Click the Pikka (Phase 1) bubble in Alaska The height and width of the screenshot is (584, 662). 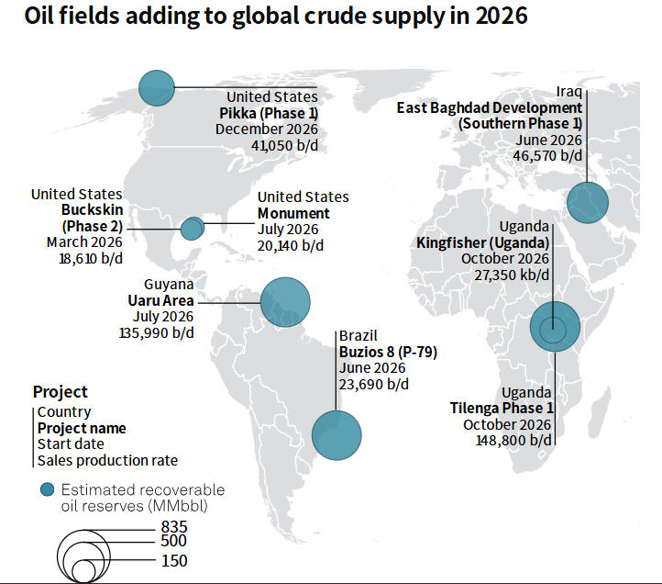(157, 87)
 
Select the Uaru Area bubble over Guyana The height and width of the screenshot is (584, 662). (285, 301)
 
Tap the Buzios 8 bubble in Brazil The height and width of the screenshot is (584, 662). (337, 435)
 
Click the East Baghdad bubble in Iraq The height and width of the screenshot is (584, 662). (588, 202)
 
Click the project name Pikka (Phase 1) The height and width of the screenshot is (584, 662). (269, 113)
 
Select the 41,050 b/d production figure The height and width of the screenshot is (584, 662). (284, 145)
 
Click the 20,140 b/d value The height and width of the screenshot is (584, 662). (291, 245)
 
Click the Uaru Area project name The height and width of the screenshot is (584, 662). (161, 300)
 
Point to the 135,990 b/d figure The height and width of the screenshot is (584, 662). (156, 332)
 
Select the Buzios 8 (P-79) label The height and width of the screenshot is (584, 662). (387, 353)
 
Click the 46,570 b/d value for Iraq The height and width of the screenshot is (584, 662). (547, 155)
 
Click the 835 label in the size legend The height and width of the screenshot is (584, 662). (172, 525)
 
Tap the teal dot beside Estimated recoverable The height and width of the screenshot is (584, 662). (45, 489)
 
